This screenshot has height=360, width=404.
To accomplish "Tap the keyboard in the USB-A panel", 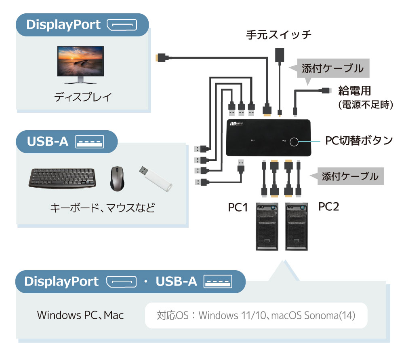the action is click(x=62, y=178).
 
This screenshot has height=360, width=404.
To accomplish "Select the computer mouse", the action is click(x=117, y=178).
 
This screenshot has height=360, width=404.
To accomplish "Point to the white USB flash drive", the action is click(x=156, y=179).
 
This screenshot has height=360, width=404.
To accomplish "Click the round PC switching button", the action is click(x=294, y=142).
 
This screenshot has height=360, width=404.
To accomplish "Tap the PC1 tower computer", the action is click(x=267, y=227).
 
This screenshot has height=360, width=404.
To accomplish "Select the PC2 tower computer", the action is click(x=296, y=227).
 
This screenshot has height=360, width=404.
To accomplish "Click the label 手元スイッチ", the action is click(x=278, y=35).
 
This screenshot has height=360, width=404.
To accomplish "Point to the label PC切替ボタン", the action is click(x=359, y=140).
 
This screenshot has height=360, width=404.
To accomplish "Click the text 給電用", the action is click(x=355, y=91).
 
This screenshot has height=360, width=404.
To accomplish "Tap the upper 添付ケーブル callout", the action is click(x=332, y=68).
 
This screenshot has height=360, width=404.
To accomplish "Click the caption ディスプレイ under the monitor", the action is click(x=83, y=97).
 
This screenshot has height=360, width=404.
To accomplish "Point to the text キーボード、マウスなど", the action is click(x=103, y=208).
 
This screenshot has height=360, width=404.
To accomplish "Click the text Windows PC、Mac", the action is click(x=80, y=315).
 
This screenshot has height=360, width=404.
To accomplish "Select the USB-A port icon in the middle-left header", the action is click(x=90, y=142).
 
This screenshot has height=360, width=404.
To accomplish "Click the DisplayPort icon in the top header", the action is click(x=122, y=25).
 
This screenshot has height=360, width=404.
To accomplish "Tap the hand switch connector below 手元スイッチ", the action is click(x=280, y=55).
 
